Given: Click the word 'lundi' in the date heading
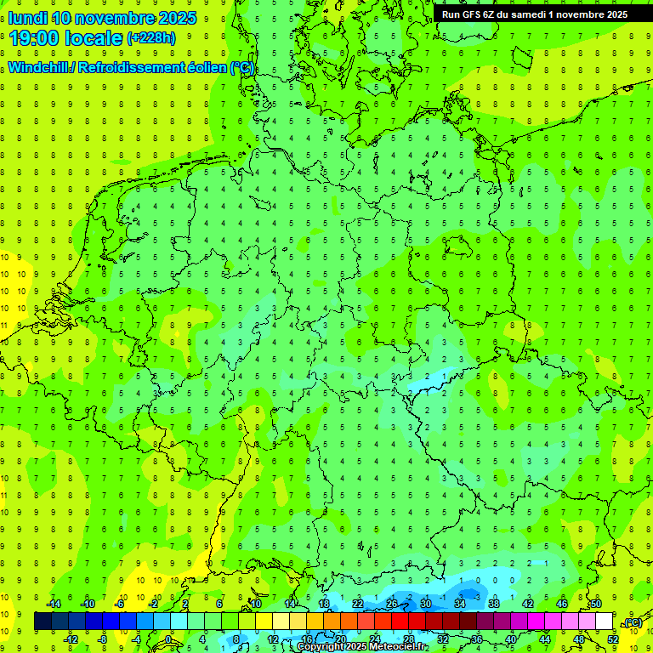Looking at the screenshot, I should click(27, 18).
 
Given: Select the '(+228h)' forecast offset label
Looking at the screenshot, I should click(151, 37).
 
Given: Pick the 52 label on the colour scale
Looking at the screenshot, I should click(613, 639).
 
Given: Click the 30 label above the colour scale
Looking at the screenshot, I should click(425, 604).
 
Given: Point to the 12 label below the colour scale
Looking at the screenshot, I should click(273, 639).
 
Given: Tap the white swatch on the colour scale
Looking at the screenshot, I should click(604, 622).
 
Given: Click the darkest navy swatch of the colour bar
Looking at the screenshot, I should click(43, 622).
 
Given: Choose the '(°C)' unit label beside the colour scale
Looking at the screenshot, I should click(633, 622).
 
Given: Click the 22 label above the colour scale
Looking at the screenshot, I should click(358, 604).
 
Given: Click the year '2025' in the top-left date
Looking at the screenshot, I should click(178, 18).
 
